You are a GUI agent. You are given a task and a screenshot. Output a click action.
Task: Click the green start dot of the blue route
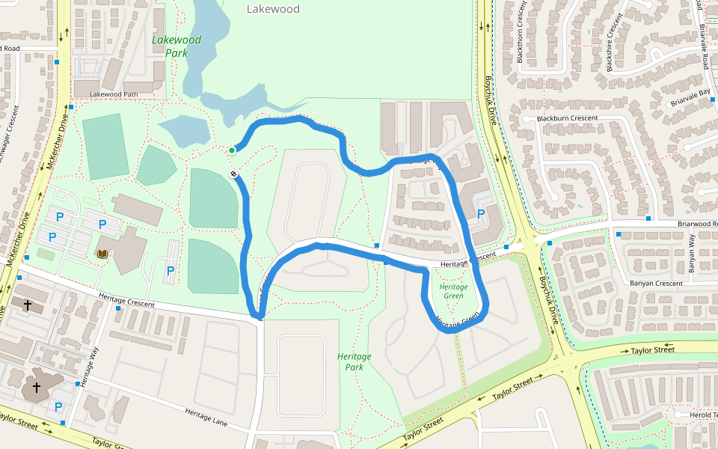[232, 150]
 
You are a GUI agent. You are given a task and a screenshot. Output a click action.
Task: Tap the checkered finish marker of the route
[234, 174]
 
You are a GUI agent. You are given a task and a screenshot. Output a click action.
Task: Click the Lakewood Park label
[177, 46]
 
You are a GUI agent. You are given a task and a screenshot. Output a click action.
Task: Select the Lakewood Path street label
[114, 94]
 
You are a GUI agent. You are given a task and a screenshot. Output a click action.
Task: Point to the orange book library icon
[102, 254]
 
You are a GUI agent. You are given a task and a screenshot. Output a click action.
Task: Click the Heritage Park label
[355, 361]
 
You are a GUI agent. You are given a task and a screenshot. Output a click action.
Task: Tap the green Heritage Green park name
[453, 291]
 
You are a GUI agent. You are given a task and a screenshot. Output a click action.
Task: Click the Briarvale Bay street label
[690, 94]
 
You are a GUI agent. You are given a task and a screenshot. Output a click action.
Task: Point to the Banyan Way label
[692, 252]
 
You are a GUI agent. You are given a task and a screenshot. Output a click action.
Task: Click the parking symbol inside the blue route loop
[481, 213]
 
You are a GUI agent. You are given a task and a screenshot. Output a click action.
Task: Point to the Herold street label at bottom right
[703, 415]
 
